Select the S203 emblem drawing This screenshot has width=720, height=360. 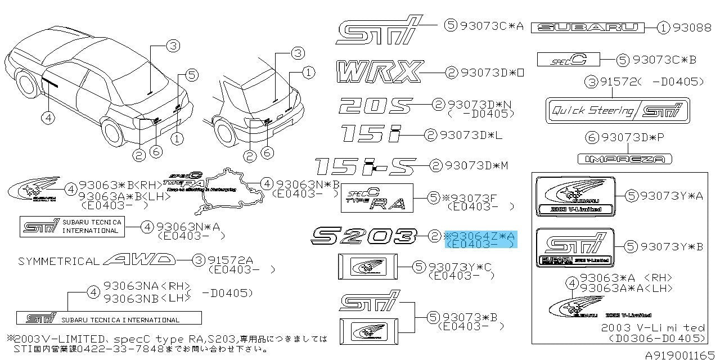pyautogui.click(x=364, y=236)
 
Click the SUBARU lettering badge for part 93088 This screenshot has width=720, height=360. pyautogui.click(x=588, y=28)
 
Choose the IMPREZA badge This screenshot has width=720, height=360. pyautogui.click(x=625, y=159)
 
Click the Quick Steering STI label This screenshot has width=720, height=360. pyautogui.click(x=618, y=110)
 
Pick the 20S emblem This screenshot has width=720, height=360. pyautogui.click(x=376, y=105)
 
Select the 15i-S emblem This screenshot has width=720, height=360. pyautogui.click(x=365, y=166)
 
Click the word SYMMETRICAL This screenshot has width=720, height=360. pyautogui.click(x=59, y=261)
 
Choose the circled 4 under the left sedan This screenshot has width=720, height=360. pyautogui.click(x=49, y=117)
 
